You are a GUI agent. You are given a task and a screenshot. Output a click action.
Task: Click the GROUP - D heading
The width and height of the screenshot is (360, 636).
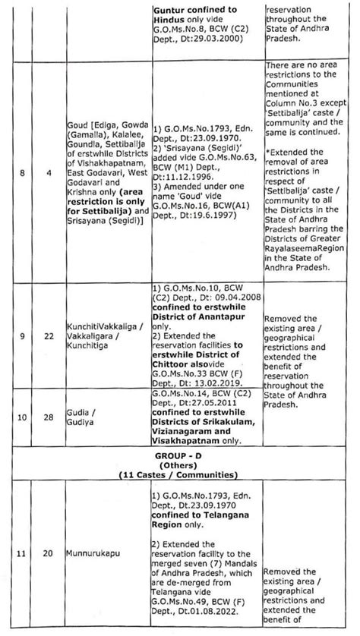point(180,454)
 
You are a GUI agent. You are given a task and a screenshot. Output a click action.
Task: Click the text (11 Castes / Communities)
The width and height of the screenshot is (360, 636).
point(180,474)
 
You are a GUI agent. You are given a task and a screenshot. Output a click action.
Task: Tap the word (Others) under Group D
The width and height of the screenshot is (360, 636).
point(180,464)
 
